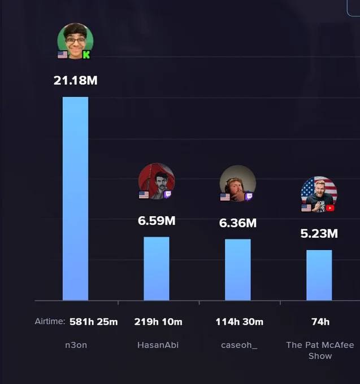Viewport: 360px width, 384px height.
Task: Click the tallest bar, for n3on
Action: click(x=75, y=199)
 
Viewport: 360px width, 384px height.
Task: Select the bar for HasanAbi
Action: click(x=157, y=268)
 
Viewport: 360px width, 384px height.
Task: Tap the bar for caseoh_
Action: click(x=238, y=269)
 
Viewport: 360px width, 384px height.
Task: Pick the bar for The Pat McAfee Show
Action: click(x=319, y=275)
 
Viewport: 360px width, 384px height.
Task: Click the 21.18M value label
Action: click(x=76, y=80)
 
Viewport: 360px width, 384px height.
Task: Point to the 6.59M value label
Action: click(x=157, y=221)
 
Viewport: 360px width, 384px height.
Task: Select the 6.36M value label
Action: click(x=238, y=223)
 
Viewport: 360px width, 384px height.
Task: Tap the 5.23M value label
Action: click(x=319, y=233)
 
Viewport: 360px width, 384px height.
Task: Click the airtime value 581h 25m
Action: click(x=94, y=322)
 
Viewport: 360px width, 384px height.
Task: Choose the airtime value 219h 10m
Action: click(x=158, y=322)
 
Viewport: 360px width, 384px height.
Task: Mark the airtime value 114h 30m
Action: click(x=240, y=322)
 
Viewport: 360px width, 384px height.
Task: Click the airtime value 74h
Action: click(x=320, y=322)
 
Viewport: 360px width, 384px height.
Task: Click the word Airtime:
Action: click(x=50, y=321)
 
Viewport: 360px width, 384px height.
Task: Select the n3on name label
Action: click(x=76, y=345)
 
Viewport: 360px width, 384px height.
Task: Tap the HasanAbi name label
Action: click(x=158, y=345)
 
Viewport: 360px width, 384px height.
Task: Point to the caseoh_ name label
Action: click(x=239, y=345)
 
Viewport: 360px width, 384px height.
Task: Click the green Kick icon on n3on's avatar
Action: click(x=86, y=55)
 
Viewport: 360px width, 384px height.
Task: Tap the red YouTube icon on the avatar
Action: click(x=330, y=208)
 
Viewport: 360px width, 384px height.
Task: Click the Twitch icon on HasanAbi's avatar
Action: click(x=168, y=195)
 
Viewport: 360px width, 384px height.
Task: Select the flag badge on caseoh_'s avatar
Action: click(x=225, y=197)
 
